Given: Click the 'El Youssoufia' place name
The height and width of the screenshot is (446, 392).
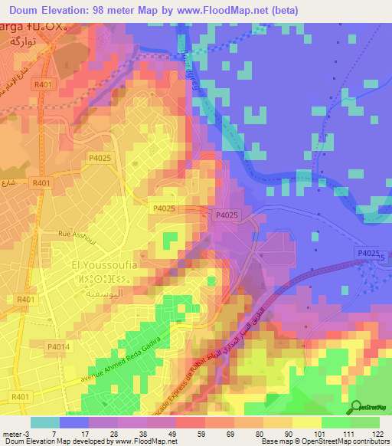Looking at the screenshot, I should tap(104, 265).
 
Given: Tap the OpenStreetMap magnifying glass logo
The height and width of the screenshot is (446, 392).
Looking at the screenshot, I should tap(354, 408).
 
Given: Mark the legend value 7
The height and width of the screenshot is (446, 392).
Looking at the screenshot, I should tap(54, 434).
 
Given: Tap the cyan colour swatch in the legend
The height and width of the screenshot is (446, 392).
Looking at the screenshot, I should tap(44, 422).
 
